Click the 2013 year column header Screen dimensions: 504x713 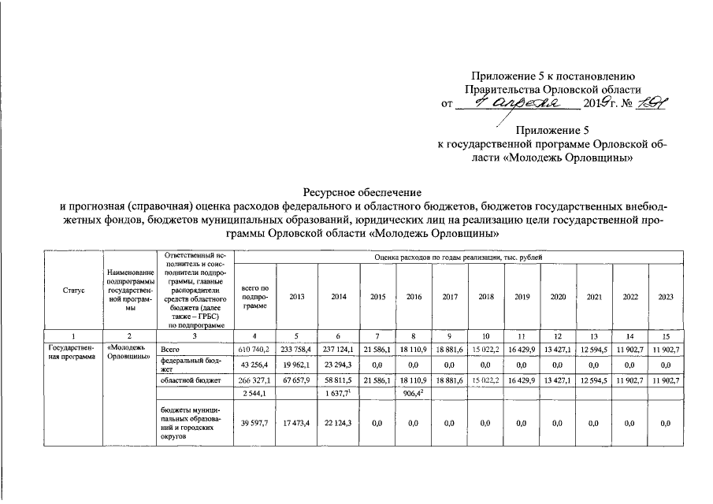297,297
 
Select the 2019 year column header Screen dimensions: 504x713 522,297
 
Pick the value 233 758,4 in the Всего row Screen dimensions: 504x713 297,348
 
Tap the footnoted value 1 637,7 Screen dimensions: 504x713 338,393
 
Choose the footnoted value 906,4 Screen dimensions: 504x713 414,393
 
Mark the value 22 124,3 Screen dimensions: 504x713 338,424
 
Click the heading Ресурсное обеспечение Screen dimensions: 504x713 362,191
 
